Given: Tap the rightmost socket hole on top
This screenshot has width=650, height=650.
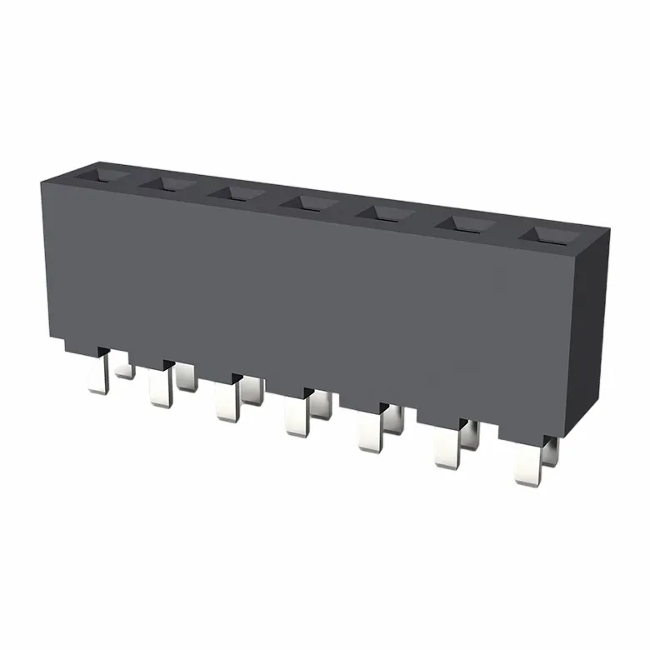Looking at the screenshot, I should (x=546, y=234).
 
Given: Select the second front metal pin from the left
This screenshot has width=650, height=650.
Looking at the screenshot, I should (x=158, y=387).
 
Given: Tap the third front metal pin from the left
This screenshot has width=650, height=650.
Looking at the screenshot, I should (x=224, y=401).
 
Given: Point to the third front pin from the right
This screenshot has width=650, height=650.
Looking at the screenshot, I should (x=369, y=432).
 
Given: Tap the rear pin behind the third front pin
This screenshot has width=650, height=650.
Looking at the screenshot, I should (x=252, y=391).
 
